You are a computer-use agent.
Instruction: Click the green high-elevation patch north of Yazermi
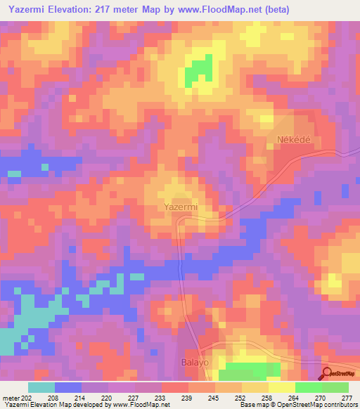pyautogui.click(x=199, y=70)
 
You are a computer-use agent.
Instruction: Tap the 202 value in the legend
pyautogui.click(x=27, y=398)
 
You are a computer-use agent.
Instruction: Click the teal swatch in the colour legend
pyautogui.click(x=41, y=387)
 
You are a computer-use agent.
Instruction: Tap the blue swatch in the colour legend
pyautogui.click(x=67, y=387)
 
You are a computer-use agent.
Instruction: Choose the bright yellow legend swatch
pyautogui.click(x=281, y=387)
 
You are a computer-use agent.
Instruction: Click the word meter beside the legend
pyautogui.click(x=11, y=398)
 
